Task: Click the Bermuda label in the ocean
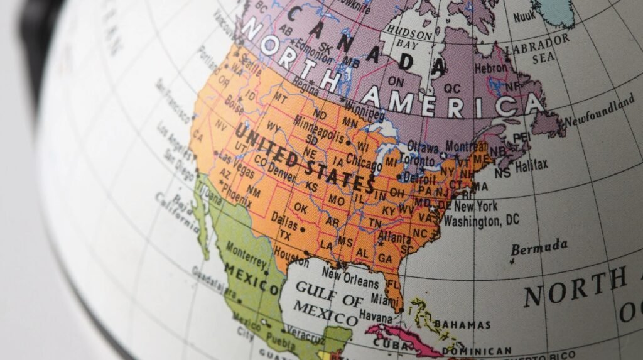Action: pos(539,246)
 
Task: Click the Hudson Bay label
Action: pos(409,36)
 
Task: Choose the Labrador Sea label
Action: pos(538,50)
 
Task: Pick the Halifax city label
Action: pos(531,166)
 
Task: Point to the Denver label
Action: pos(281,170)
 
